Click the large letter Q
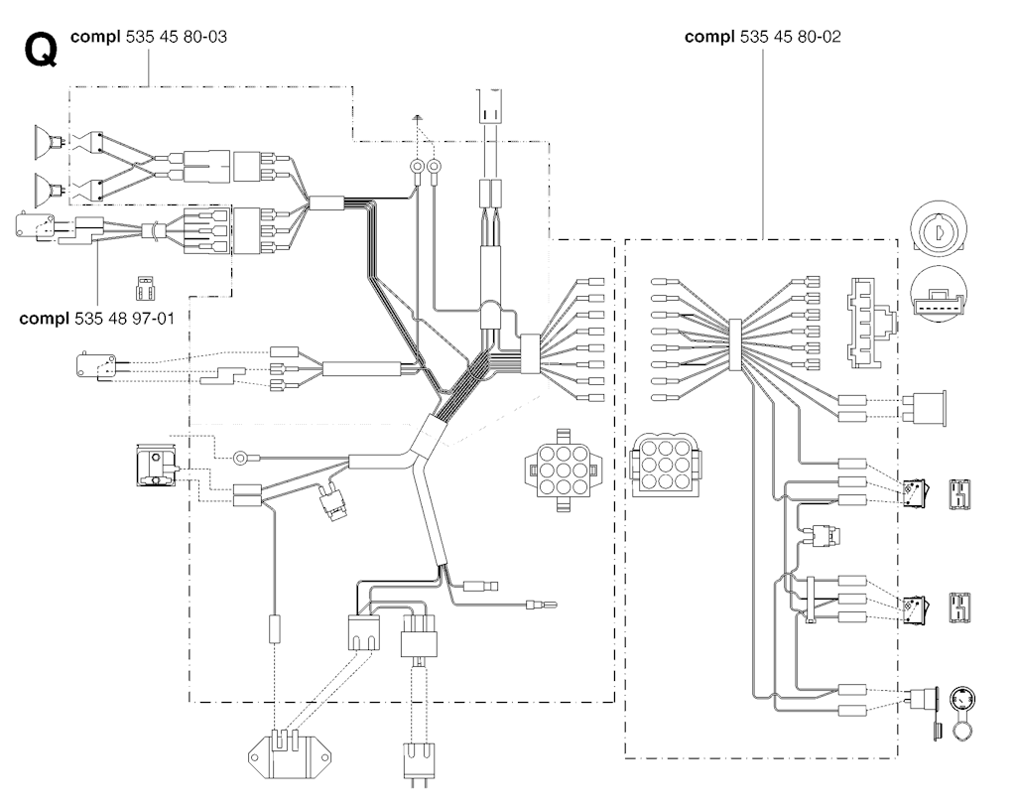(x=40, y=50)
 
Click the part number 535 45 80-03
(x=178, y=37)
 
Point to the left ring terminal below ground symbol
(x=418, y=166)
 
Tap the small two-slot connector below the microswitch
(x=144, y=290)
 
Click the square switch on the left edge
(x=155, y=468)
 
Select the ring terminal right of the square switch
(x=240, y=459)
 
